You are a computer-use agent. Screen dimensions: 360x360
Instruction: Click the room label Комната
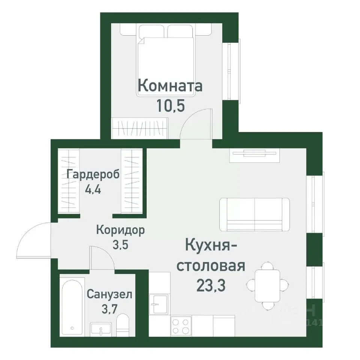coord(170,86)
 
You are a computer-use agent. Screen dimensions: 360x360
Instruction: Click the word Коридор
coord(120,229)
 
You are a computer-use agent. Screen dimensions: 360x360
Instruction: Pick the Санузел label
coord(109,294)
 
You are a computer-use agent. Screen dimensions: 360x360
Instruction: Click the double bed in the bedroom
coord(166,62)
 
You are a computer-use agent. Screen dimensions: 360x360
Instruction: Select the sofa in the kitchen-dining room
coord(254,214)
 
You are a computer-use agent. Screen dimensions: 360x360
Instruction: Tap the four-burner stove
coord(181,325)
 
